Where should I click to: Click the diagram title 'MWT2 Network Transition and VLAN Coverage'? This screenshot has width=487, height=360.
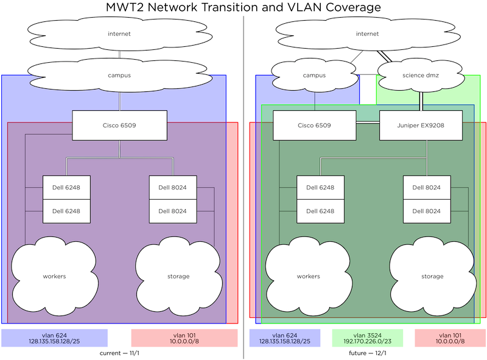pos(243,7)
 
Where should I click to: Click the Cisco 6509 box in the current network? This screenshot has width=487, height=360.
pos(119,125)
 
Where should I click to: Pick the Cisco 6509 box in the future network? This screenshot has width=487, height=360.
pos(314,125)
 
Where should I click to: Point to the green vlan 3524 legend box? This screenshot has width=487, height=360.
pos(360,338)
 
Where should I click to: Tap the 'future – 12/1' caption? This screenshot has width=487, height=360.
pos(368,353)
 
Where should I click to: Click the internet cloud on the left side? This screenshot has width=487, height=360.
pos(119,34)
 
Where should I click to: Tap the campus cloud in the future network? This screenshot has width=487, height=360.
pos(314,76)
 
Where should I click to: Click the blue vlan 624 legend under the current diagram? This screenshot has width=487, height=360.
pos(55,338)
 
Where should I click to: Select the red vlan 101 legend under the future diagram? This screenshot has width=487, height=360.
pos(450,338)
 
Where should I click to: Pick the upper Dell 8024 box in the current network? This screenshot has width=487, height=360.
pos(172,188)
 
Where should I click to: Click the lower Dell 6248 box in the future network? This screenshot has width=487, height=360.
pos(320,211)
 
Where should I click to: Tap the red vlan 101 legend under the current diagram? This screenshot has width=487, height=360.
pos(184,338)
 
